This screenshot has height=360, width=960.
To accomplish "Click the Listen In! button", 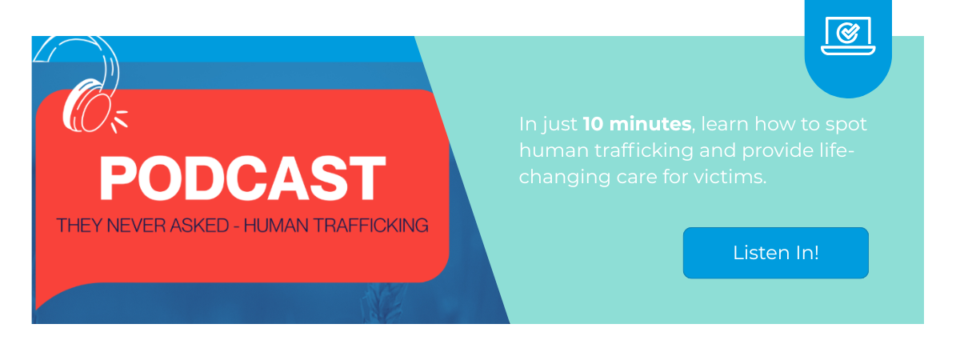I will point(775,253).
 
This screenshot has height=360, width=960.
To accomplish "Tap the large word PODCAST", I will point(242,178).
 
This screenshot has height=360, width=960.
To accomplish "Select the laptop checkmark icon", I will point(848,36).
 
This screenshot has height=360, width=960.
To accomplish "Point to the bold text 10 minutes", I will point(637,125).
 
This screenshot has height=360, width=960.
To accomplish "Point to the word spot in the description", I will point(848,125).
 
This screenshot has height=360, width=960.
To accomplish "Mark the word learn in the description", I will point(722,125).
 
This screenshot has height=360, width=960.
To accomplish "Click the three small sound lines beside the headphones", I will point(119,120).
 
